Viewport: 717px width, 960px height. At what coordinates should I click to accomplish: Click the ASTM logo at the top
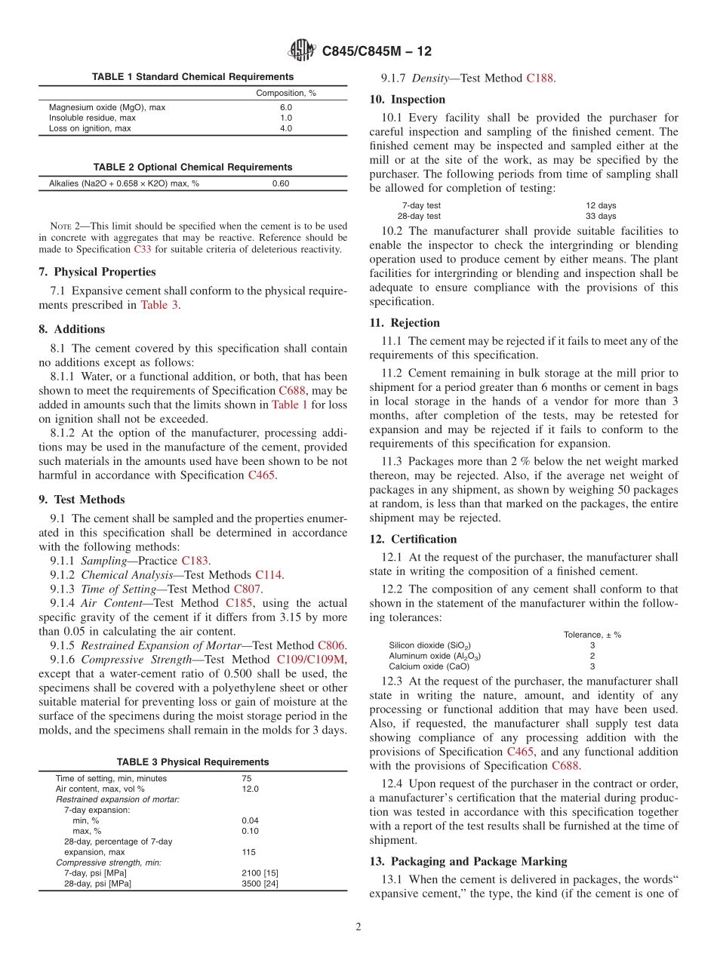click(303, 51)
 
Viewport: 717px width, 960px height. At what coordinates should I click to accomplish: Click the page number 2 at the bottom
click(358, 927)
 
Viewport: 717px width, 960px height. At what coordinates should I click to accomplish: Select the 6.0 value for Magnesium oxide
click(285, 107)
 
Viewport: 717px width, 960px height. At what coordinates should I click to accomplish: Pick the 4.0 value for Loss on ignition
click(285, 128)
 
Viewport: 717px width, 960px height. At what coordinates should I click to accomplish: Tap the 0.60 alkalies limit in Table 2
click(281, 183)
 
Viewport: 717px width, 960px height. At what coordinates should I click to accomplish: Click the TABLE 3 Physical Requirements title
click(192, 762)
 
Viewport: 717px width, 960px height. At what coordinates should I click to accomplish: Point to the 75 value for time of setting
click(247, 778)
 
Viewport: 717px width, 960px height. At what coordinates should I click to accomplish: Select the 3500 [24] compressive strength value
click(260, 884)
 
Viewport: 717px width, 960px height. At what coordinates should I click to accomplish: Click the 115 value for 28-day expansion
click(249, 852)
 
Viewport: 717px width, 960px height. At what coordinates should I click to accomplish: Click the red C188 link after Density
click(540, 78)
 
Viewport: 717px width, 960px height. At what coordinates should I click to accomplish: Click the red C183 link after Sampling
click(195, 561)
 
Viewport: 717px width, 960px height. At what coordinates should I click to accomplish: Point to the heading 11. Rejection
click(405, 323)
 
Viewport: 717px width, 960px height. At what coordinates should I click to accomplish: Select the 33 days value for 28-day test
click(601, 216)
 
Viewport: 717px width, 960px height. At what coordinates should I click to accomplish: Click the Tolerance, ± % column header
click(592, 635)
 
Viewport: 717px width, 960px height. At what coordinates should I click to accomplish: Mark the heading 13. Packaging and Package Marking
click(468, 861)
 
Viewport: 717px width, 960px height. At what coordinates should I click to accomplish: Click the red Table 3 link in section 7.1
click(160, 305)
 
